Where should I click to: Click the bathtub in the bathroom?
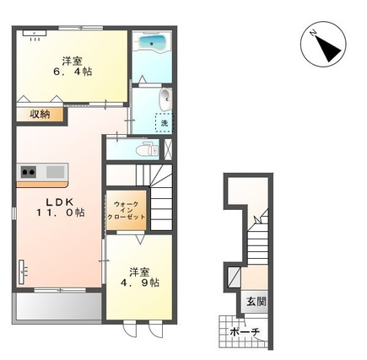(x=152, y=43)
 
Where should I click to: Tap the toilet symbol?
(x=148, y=149)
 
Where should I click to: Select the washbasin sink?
(x=165, y=99)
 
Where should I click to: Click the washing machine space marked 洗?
(x=164, y=123)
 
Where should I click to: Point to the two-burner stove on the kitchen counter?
(x=28, y=171)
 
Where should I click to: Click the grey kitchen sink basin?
(x=55, y=171)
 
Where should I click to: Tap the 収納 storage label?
(x=40, y=115)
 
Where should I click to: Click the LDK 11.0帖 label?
(x=60, y=207)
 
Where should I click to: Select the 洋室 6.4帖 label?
(x=73, y=66)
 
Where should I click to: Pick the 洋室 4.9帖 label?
(x=140, y=277)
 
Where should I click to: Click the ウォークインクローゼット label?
(x=127, y=211)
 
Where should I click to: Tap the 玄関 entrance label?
(x=256, y=302)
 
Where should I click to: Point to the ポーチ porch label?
(x=245, y=332)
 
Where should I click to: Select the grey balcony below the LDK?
(x=58, y=307)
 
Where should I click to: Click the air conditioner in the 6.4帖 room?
(x=35, y=33)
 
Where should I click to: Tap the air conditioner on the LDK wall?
(x=22, y=271)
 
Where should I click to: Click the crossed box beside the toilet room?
(x=168, y=149)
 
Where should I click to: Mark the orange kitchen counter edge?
(x=42, y=185)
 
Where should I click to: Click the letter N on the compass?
(x=313, y=33)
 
